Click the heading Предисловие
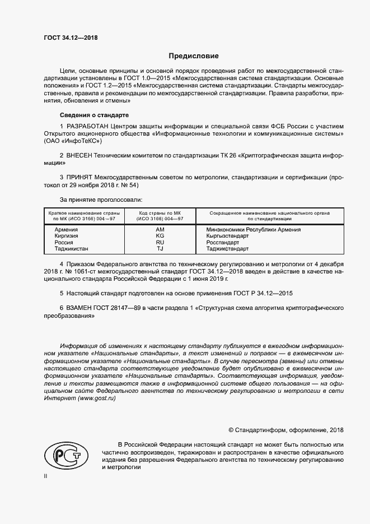[x=194, y=56]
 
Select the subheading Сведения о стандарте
[x=94, y=114]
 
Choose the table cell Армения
[x=65, y=230]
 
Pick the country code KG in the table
[x=160, y=236]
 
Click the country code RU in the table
[x=160, y=242]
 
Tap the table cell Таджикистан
[x=71, y=248]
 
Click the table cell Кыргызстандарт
[x=228, y=236]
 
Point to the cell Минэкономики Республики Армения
[x=254, y=230]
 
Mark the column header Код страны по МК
[x=160, y=213]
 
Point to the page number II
[x=46, y=476]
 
